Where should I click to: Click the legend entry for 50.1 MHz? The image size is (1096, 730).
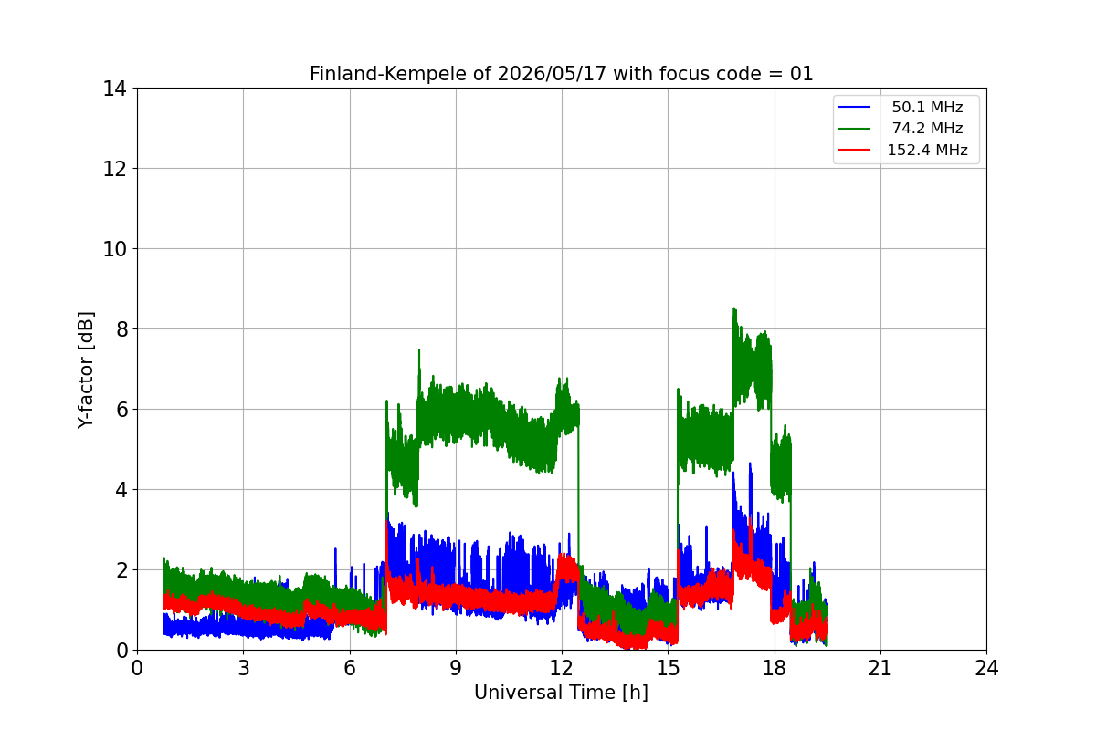927,107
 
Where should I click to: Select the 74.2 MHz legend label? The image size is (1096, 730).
927,128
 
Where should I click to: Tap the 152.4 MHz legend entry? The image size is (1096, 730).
927,150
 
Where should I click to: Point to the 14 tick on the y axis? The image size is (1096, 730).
114,89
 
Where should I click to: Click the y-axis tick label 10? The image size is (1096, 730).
114,249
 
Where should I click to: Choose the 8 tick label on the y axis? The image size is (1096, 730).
121,329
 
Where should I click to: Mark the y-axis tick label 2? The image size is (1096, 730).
121,570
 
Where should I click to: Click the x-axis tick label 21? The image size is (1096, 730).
880,668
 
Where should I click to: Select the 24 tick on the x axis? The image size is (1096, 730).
986,668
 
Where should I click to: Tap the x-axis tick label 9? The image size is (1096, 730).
456,668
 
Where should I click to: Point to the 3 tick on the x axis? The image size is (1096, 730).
244,668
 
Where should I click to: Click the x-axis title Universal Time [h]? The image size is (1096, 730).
561,693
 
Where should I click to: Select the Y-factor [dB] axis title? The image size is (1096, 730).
86,370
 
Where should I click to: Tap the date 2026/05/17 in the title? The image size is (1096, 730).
552,74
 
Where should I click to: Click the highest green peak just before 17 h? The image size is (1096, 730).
734,308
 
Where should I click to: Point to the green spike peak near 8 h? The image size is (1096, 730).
419,350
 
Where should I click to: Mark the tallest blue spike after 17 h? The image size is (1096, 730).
750,464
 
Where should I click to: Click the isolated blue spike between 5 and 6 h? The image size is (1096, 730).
336,549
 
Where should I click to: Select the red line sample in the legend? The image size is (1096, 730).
854,150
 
